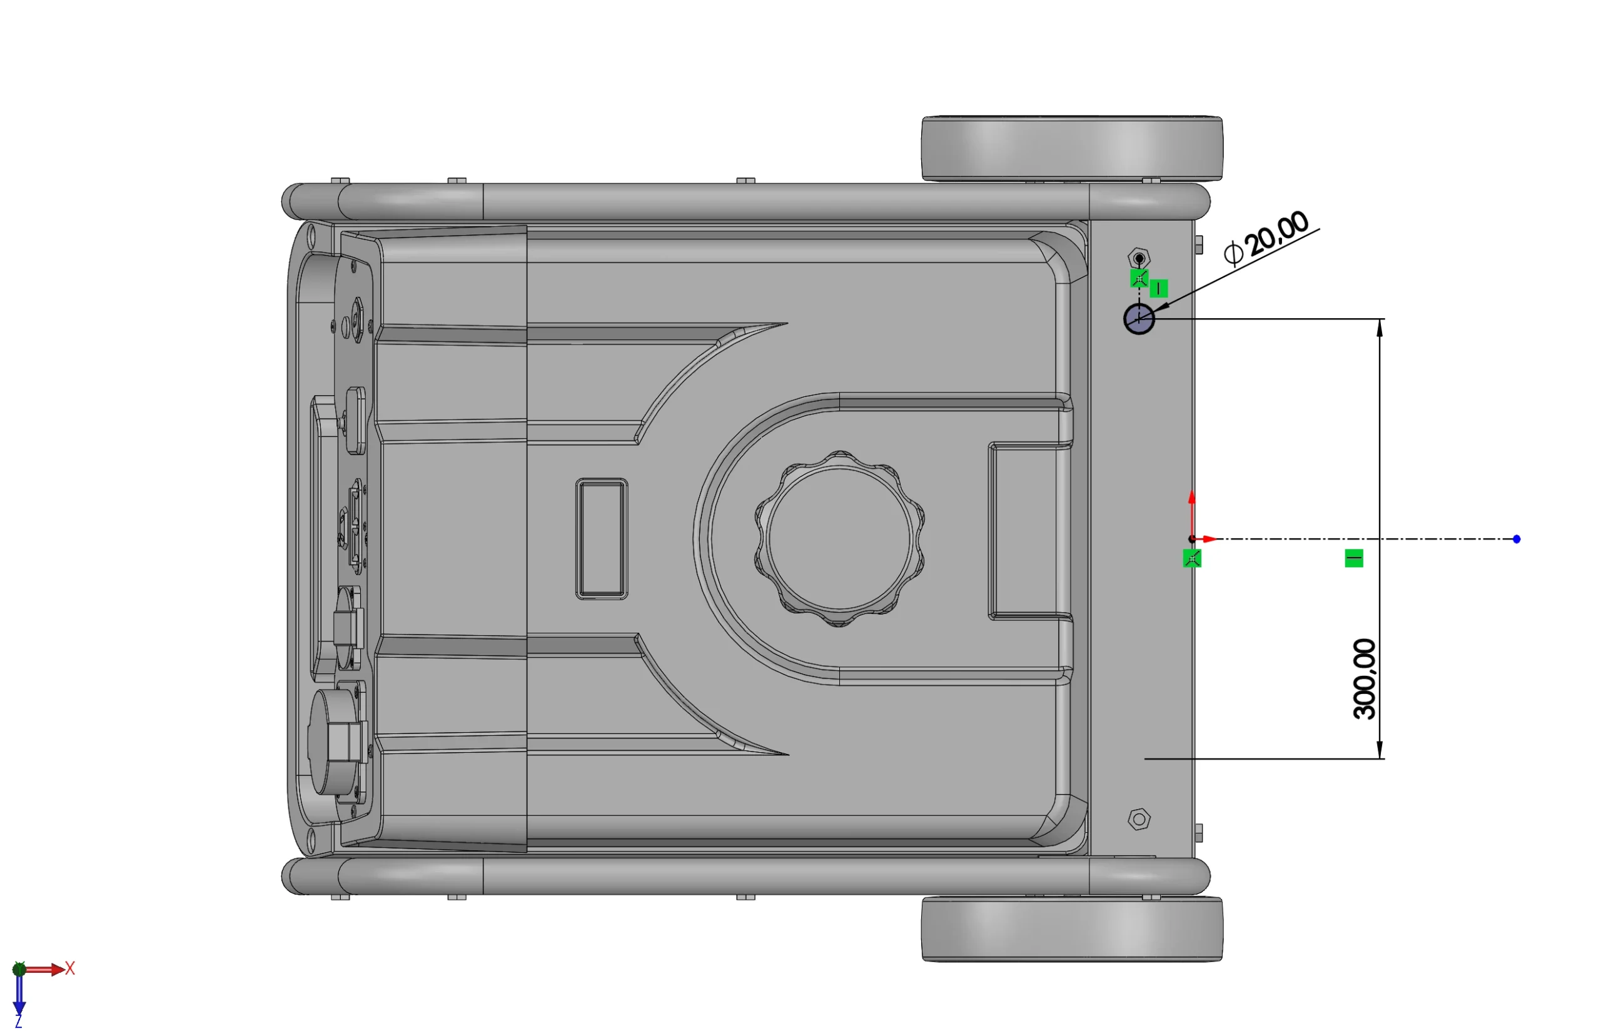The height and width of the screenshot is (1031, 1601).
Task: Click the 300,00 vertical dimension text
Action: (x=1364, y=679)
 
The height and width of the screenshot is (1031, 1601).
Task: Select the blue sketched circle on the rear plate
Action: (x=1138, y=318)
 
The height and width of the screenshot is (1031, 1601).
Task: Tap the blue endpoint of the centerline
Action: (x=1516, y=539)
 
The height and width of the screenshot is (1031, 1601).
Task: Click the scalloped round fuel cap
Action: (x=840, y=538)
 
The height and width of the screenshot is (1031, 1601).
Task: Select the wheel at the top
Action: (x=1072, y=149)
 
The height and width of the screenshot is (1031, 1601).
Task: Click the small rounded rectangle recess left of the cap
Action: (x=601, y=538)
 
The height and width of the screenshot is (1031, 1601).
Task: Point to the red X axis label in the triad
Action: (x=69, y=968)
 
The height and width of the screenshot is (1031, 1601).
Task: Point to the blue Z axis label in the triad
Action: (x=18, y=1022)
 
